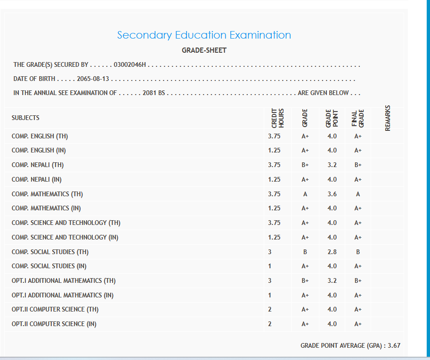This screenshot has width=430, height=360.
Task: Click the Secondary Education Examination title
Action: click(204, 35)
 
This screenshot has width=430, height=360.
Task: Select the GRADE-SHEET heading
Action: click(204, 50)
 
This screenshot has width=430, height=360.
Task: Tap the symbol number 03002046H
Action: click(130, 64)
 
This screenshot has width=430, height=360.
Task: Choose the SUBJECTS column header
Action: click(25, 118)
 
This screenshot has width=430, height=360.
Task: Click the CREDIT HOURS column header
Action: click(277, 118)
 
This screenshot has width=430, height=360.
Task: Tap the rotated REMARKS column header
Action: click(388, 118)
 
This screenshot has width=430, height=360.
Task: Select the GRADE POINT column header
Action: click(332, 118)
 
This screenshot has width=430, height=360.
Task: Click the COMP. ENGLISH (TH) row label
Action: click(40, 136)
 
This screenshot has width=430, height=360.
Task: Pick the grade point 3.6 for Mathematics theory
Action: click(332, 194)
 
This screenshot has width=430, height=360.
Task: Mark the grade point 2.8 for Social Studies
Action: click(332, 252)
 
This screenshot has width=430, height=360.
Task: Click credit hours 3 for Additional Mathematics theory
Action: click(270, 280)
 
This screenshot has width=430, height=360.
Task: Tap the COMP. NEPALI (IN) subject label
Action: click(37, 179)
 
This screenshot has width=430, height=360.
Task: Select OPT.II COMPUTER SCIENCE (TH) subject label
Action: click(55, 310)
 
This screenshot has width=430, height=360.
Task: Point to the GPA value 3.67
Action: click(394, 345)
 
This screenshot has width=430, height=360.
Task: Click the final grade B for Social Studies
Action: click(358, 252)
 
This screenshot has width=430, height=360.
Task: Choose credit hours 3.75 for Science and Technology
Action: click(274, 223)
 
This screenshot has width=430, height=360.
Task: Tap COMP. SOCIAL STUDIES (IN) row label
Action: click(49, 266)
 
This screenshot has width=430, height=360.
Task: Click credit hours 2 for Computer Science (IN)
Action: click(270, 324)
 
